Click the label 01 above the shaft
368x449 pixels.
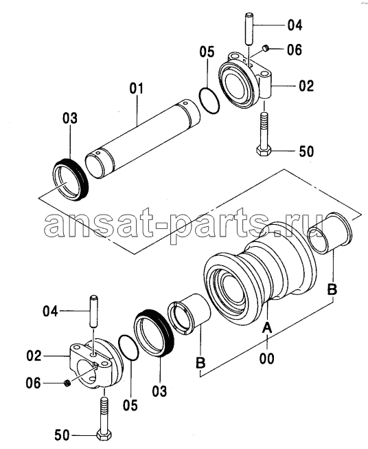click(137, 89)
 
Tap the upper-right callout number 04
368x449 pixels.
click(295, 25)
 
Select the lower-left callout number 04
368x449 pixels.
click(50, 311)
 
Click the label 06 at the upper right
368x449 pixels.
click(295, 50)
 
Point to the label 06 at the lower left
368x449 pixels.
click(34, 383)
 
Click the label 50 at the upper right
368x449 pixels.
click(306, 151)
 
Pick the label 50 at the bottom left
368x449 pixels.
click(62, 435)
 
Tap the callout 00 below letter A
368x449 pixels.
click(267, 358)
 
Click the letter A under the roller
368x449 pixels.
click(267, 327)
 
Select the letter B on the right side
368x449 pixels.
click(332, 289)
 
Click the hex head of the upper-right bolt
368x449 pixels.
click(262, 151)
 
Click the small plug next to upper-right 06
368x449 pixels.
click(266, 48)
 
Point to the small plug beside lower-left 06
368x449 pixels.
click(68, 383)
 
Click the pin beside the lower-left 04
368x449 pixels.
click(93, 311)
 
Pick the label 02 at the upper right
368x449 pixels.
click(306, 86)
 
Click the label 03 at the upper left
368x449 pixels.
click(70, 118)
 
